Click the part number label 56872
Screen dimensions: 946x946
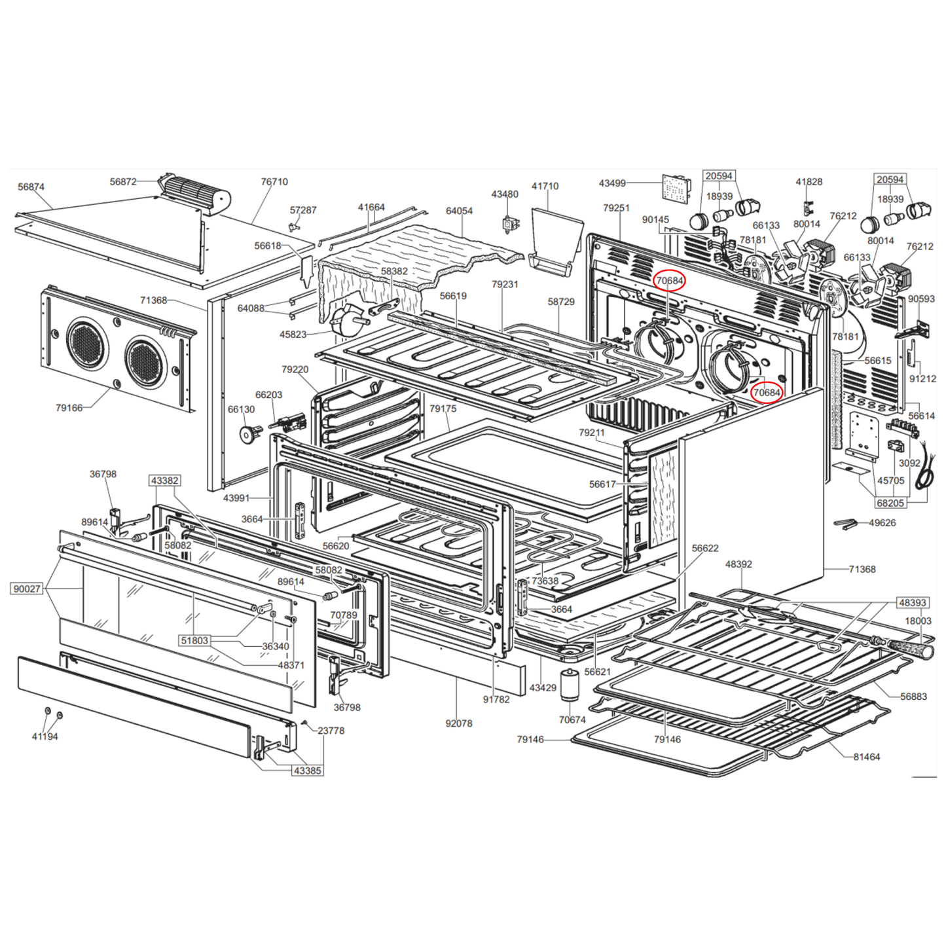[123, 181]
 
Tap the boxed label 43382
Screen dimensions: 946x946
[164, 481]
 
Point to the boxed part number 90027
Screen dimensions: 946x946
[27, 589]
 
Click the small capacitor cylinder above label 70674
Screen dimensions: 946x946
[570, 685]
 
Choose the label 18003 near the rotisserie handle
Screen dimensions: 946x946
[918, 621]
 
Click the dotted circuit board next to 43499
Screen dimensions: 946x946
[676, 188]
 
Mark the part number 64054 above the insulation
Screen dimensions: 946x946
[459, 211]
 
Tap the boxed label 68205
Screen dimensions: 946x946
[890, 503]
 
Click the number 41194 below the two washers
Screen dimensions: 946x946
[45, 737]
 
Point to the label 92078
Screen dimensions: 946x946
[458, 723]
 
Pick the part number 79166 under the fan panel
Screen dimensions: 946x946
[69, 408]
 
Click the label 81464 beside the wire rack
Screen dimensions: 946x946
[866, 757]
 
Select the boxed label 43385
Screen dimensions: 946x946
[307, 771]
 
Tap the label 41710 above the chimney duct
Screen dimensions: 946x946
[545, 186]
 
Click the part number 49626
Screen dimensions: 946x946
[882, 522]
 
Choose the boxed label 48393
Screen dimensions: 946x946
[912, 602]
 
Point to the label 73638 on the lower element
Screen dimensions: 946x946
[545, 581]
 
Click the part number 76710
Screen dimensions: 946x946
[274, 181]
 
